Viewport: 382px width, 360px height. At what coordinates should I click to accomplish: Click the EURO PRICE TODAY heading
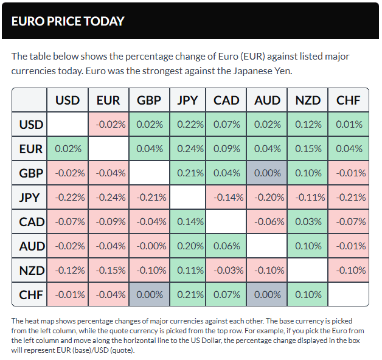point(68,21)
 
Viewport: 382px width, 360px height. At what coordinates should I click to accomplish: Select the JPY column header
point(188,100)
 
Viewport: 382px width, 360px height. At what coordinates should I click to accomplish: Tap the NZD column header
point(308,100)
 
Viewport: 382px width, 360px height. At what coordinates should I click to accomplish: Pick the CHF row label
point(31,294)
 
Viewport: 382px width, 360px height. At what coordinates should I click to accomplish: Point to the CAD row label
point(31,221)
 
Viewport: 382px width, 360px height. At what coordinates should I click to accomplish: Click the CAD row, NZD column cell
point(308,221)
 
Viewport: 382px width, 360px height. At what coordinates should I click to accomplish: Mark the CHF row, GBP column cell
point(149,294)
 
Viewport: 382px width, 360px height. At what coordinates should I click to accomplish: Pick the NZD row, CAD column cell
point(226,270)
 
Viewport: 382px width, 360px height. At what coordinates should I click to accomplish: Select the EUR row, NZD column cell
point(308,149)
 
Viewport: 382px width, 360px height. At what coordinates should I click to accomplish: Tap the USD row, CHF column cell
point(349,125)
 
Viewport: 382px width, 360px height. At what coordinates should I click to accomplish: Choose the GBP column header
point(149,100)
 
